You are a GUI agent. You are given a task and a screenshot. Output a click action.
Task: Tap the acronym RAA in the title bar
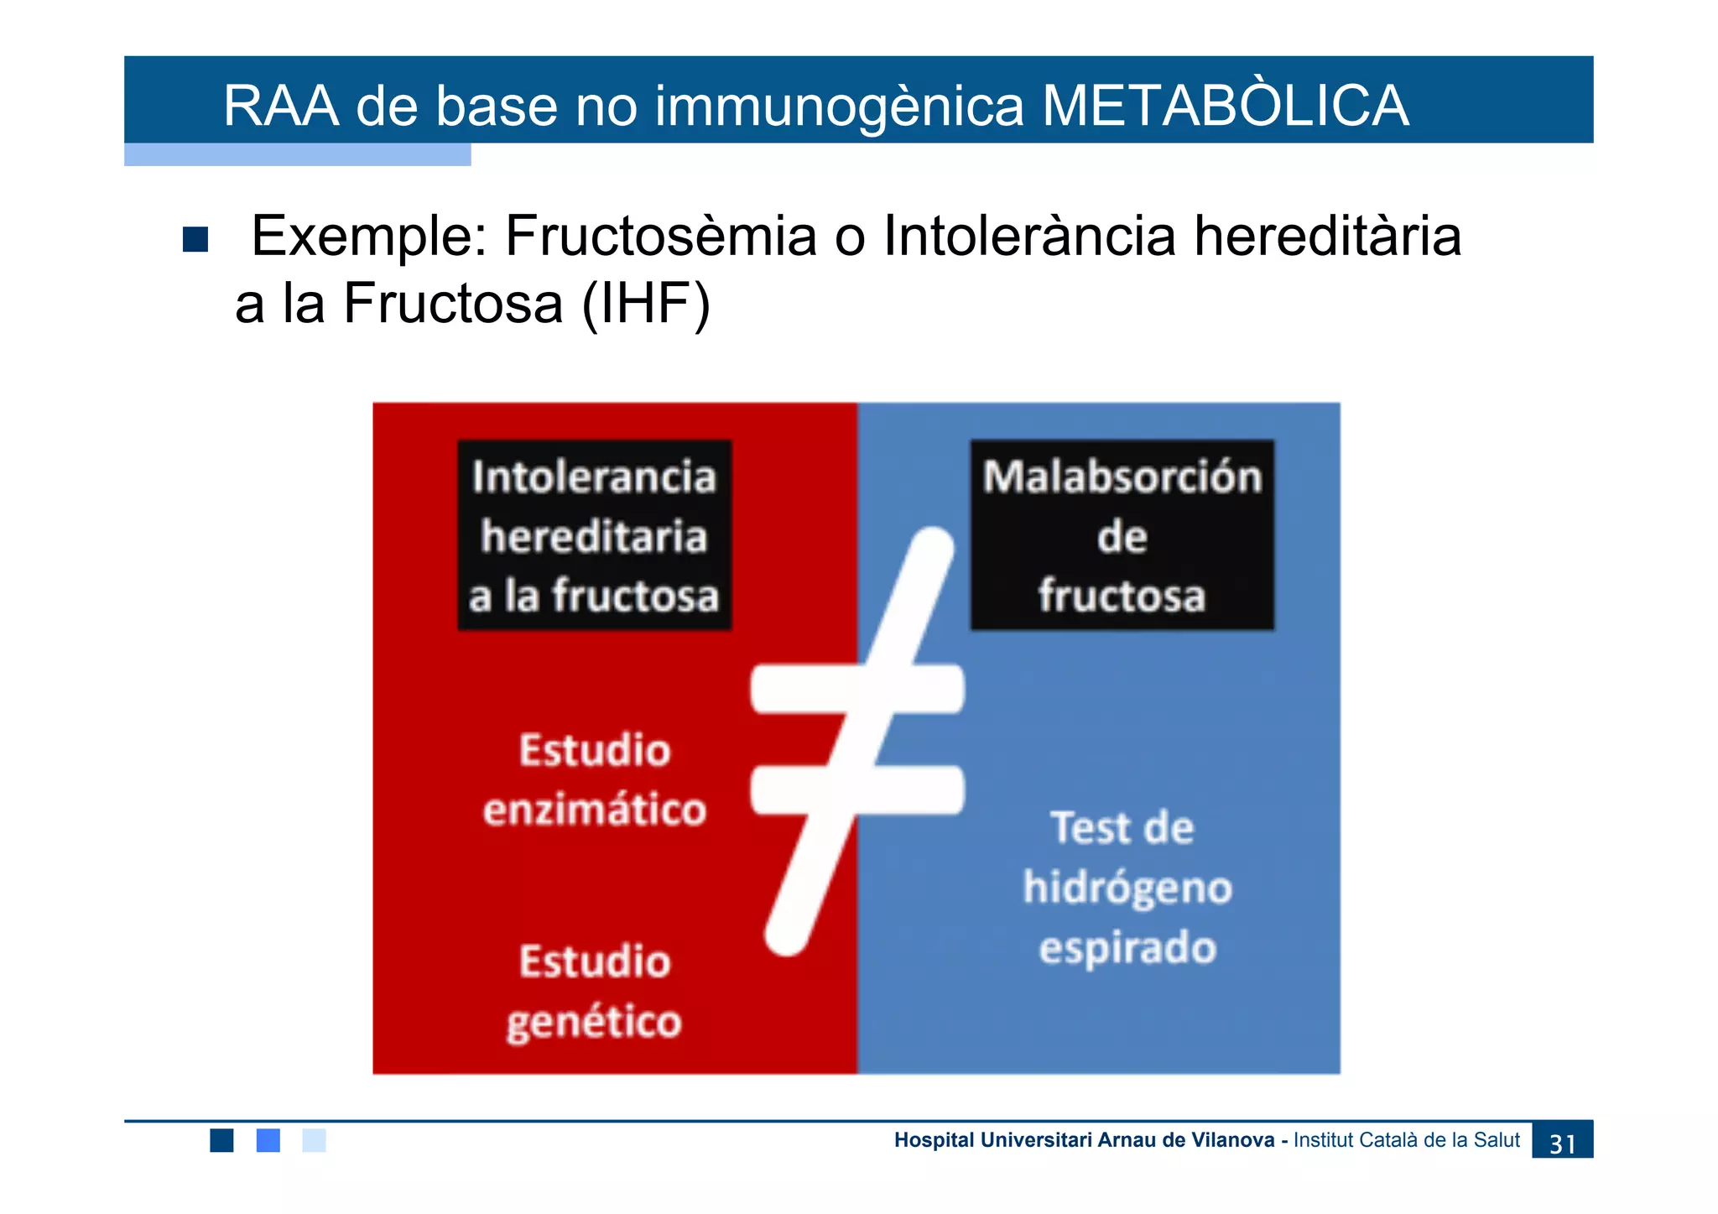[x=281, y=107]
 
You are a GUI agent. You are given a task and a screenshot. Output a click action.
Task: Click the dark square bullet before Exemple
[x=195, y=239]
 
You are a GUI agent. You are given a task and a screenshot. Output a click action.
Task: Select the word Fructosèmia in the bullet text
[x=660, y=236]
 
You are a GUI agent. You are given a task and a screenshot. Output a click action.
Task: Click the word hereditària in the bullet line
[x=1327, y=236]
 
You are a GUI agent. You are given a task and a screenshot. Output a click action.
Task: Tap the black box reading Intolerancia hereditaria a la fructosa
[x=594, y=535]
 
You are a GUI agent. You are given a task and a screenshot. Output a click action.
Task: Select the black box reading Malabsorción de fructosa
[x=1122, y=535]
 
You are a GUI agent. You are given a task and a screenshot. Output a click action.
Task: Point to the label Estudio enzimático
[x=594, y=780]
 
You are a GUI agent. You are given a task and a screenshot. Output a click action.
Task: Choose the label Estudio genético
[x=594, y=992]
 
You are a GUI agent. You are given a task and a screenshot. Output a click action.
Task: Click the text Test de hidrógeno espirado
[x=1127, y=888]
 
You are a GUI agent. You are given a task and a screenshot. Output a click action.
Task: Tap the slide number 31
[x=1561, y=1143]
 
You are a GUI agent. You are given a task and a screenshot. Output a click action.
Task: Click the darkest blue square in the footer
[x=221, y=1140]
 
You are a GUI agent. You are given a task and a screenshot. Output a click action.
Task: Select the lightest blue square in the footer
[x=314, y=1140]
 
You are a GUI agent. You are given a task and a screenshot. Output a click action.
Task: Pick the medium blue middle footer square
[x=268, y=1140]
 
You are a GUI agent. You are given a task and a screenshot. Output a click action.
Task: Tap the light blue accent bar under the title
[x=297, y=154]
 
